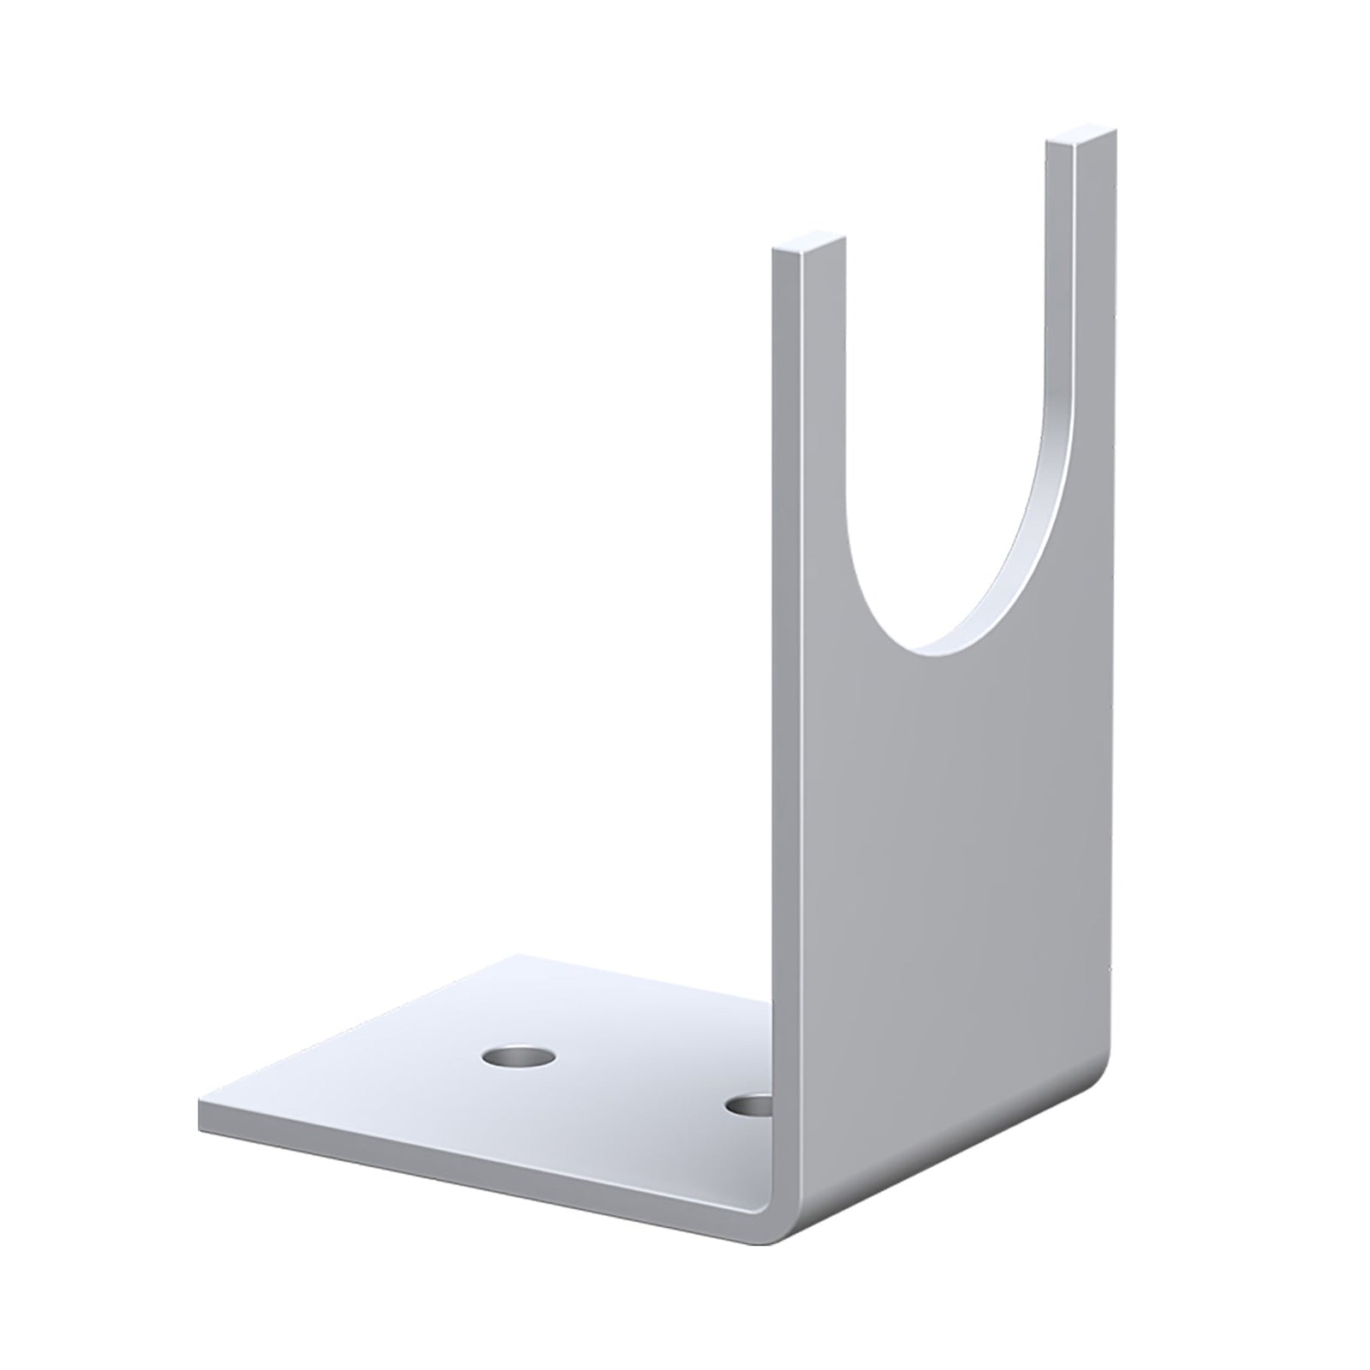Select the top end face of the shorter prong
pyautogui.click(x=809, y=243)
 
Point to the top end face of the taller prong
pyautogui.click(x=1082, y=137)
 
